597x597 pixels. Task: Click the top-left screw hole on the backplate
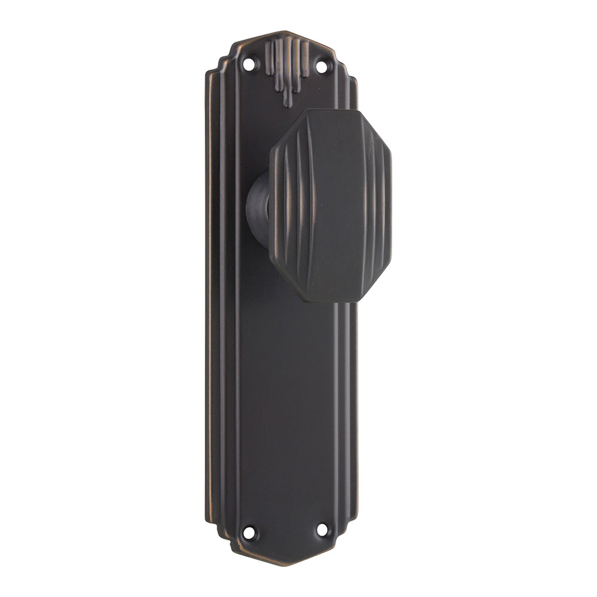point(249,61)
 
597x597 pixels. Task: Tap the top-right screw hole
point(322,66)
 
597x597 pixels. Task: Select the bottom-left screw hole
point(249,532)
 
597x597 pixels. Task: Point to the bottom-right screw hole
point(322,529)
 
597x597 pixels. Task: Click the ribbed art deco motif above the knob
point(287,66)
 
